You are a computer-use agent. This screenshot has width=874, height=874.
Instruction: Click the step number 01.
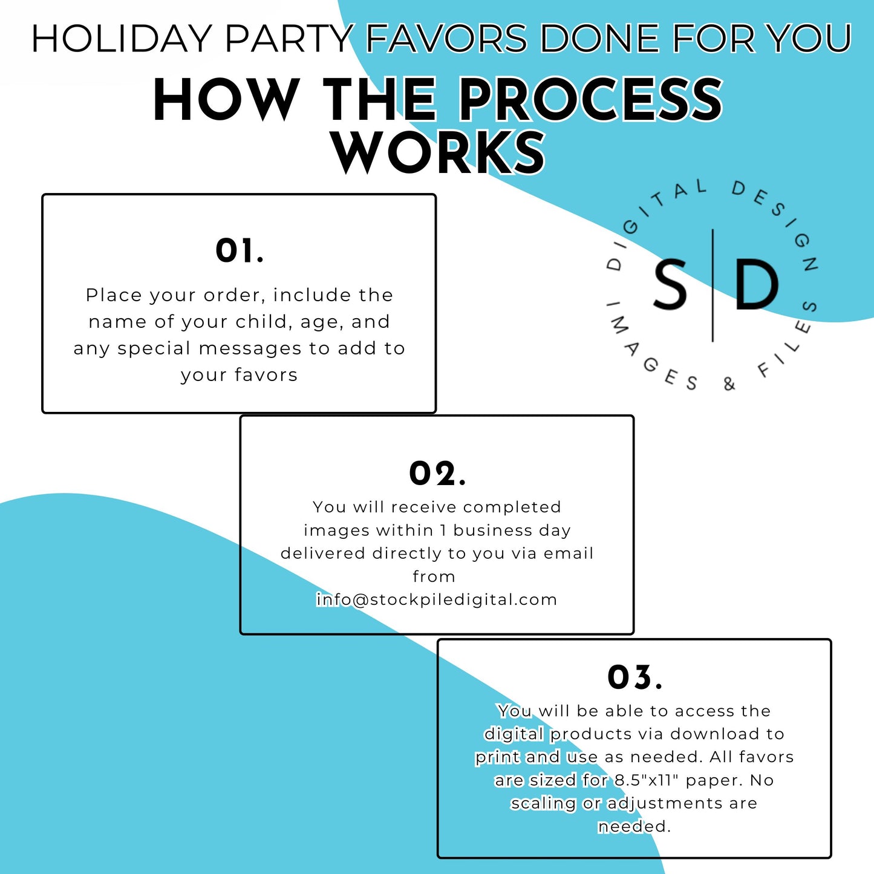tap(240, 251)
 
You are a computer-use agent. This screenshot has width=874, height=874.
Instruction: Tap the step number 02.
tap(437, 474)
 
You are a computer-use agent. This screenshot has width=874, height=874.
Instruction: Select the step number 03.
tap(634, 677)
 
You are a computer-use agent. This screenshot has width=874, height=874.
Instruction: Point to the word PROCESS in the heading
tap(592, 100)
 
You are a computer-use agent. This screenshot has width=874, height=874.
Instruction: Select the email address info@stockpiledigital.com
tap(437, 599)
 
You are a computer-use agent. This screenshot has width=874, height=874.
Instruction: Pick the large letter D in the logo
tap(757, 285)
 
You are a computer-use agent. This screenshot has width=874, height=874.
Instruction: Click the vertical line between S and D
tap(713, 285)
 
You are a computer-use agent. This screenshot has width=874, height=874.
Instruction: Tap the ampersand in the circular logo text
tap(729, 384)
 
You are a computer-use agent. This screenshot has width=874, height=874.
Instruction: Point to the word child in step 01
tap(261, 322)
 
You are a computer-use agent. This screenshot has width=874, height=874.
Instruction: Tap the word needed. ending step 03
tap(634, 826)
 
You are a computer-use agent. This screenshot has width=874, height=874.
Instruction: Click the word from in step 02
tap(434, 576)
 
